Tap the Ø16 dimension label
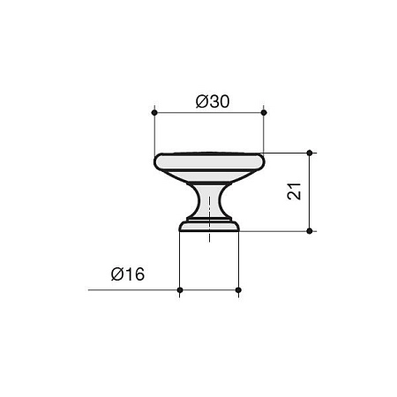tap(128, 274)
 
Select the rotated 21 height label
tap(296, 191)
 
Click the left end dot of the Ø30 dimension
tap(154, 113)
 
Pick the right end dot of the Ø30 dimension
tap(264, 113)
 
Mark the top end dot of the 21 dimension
tap(310, 153)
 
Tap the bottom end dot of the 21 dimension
tap(310, 231)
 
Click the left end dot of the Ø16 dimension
tap(179, 289)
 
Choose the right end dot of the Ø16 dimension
tap(239, 289)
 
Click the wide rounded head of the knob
tap(209, 162)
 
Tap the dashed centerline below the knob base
tap(209, 237)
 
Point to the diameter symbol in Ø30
tap(199, 102)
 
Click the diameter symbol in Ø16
tap(116, 274)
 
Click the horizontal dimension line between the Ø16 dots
tap(209, 289)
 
